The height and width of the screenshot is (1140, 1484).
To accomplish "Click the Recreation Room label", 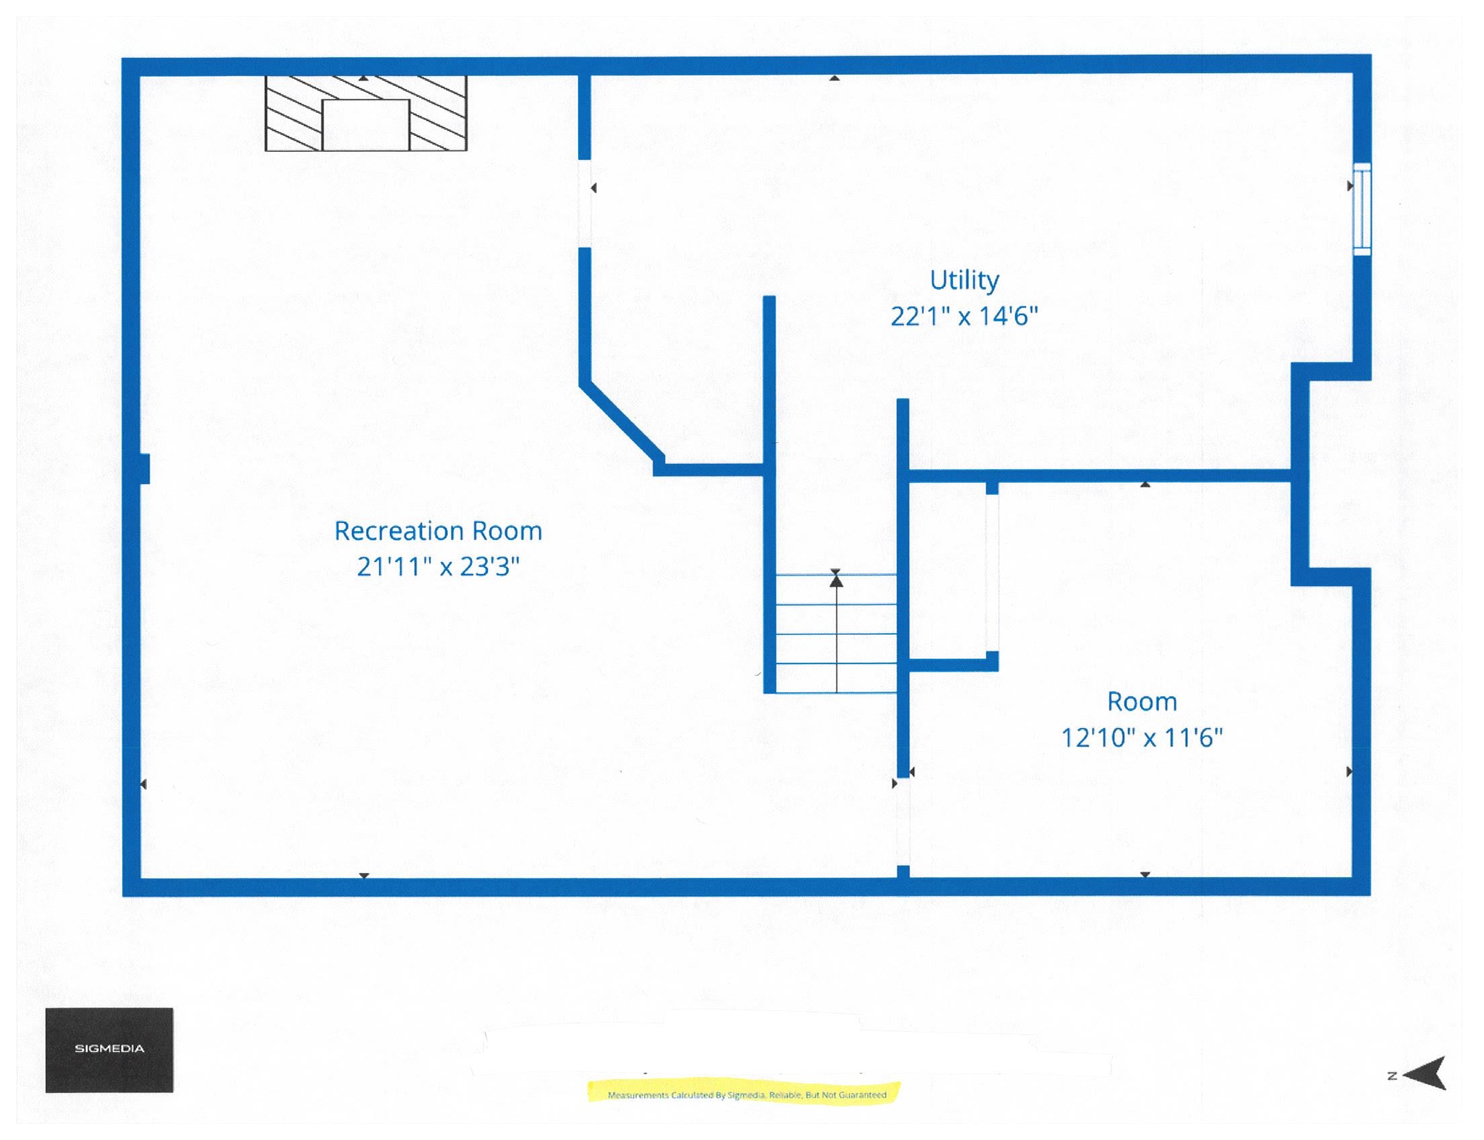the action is tap(438, 530).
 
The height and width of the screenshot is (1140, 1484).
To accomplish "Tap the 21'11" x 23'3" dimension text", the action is tap(438, 566).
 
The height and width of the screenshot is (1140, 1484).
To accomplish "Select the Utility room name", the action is tap(964, 280).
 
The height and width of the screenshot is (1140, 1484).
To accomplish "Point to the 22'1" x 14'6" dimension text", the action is tap(964, 315).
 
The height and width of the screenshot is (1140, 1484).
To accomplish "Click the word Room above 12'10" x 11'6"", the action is tap(1141, 701).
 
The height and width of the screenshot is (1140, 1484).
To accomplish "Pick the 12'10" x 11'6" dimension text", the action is tap(1141, 737).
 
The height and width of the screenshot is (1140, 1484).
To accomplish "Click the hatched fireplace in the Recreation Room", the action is tap(365, 113).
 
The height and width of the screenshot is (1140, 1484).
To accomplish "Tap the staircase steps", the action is tap(835, 633).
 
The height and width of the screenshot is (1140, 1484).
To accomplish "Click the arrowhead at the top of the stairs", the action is tap(836, 579).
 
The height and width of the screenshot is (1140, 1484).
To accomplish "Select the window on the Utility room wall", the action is tap(1361, 209).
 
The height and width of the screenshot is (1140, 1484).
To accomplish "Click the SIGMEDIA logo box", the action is tap(110, 1050).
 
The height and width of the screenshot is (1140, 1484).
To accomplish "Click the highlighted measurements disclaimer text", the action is tap(747, 1094).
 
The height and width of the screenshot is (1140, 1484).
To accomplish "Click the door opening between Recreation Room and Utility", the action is tap(584, 204).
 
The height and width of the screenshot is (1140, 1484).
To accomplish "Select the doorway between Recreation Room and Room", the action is tap(903, 822).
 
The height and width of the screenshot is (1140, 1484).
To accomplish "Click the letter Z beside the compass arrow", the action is tap(1392, 1075).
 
